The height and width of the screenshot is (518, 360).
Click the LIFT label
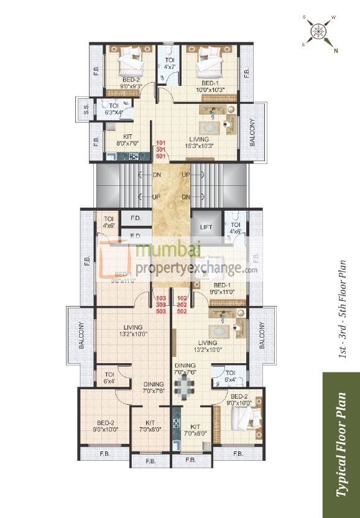pos(205,228)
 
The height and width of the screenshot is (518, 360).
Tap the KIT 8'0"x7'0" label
pos(127,139)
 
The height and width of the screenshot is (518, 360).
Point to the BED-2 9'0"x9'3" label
pos(131,83)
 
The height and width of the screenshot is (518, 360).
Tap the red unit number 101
pos(161,142)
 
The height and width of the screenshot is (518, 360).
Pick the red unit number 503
pos(161,311)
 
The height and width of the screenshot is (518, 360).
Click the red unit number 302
pos(182,305)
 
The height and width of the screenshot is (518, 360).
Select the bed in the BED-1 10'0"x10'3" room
pos(207,62)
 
